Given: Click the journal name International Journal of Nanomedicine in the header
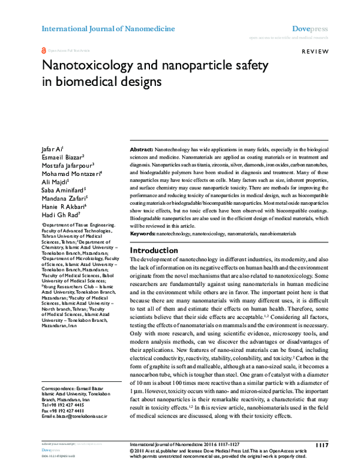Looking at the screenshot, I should [108, 29].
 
